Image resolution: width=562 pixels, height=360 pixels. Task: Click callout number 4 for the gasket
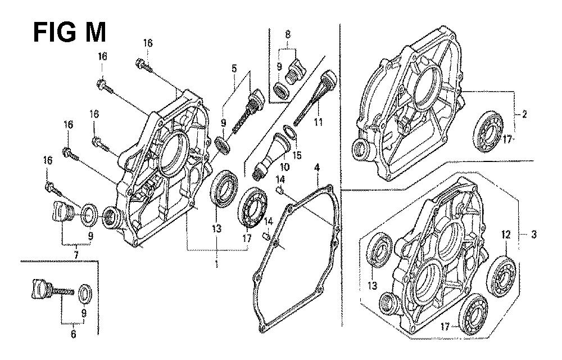click(316, 168)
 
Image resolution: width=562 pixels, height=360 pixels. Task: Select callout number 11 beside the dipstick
click(318, 122)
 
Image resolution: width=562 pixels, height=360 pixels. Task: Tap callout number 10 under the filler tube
click(285, 167)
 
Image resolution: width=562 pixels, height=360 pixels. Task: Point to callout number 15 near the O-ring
click(297, 155)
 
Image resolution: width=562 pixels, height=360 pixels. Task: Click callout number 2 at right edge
click(524, 115)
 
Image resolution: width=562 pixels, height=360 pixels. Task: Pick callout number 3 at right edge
click(534, 235)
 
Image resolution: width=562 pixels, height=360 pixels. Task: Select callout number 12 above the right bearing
click(506, 235)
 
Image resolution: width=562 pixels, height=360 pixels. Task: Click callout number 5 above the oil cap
click(234, 68)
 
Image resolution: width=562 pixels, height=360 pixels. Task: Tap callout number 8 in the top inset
click(288, 34)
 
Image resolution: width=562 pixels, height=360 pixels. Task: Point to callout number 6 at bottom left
click(74, 334)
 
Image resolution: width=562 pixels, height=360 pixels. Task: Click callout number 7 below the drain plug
click(76, 255)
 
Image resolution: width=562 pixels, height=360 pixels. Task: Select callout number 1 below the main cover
click(216, 264)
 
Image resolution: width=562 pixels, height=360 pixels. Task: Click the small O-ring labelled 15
click(291, 133)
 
